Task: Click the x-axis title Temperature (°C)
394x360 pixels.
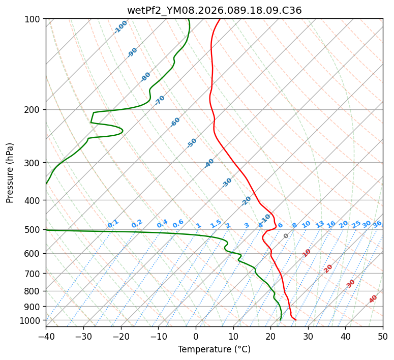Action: [214, 349]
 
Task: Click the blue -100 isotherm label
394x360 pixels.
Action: [120, 26]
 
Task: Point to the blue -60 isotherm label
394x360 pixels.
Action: [175, 122]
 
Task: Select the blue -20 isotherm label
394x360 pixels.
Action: [246, 201]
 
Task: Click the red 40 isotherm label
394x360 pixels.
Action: [373, 299]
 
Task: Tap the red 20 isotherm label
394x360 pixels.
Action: [328, 268]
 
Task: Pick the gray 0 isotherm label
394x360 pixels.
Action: [286, 236]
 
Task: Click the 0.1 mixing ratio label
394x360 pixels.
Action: [113, 223]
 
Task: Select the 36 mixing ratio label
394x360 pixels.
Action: [377, 224]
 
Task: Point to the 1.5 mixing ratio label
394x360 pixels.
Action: [216, 223]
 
